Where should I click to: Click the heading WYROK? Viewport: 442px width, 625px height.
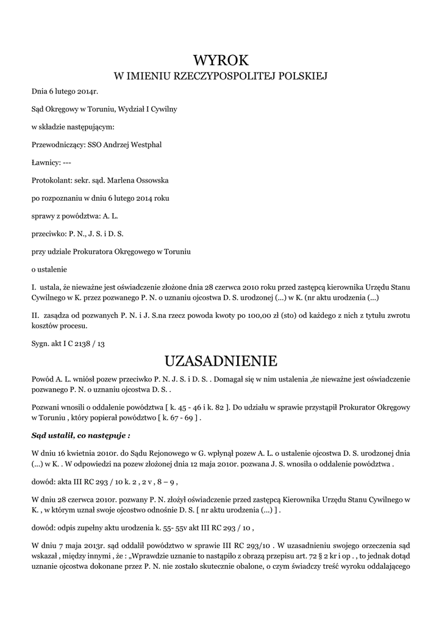point(221,60)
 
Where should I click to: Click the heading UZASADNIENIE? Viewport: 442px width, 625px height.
point(221,360)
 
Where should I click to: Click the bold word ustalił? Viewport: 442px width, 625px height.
point(62,436)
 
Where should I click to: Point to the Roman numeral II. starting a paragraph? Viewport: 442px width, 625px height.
point(35,316)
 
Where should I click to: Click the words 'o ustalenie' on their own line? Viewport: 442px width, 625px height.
point(49,269)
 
